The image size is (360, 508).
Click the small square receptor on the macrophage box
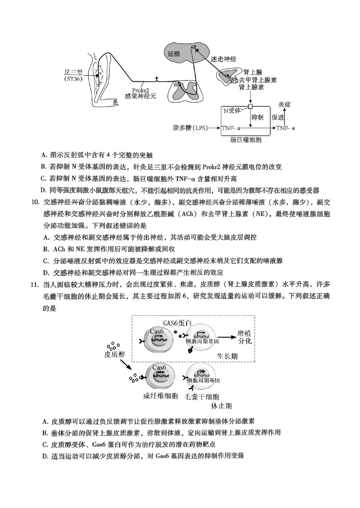click(x=251, y=106)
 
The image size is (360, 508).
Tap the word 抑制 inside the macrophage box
click(x=258, y=117)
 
